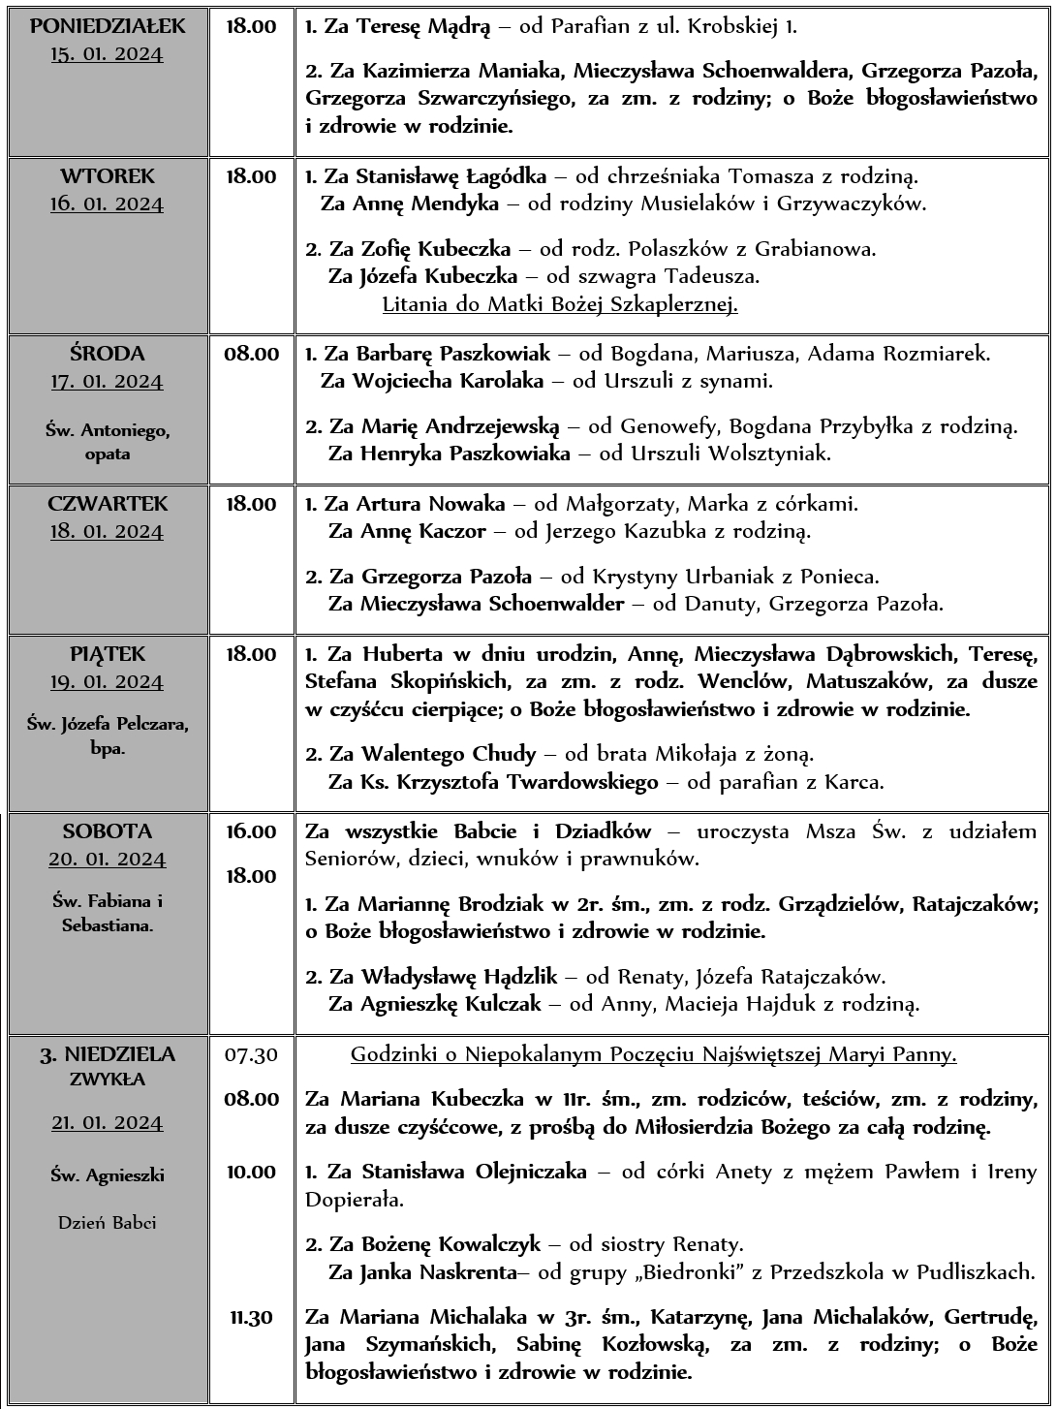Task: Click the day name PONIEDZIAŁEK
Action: pos(107,26)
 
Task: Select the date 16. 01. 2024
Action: pos(107,204)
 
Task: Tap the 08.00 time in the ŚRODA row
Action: pos(251,354)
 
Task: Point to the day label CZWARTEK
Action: pos(107,504)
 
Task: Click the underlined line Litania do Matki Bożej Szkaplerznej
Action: pos(560,304)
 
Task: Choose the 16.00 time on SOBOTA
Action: pos(251,831)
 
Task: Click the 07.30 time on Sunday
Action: pos(251,1054)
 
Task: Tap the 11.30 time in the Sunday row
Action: pos(251,1317)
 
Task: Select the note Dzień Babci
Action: pos(107,1223)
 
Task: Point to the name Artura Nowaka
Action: pos(430,504)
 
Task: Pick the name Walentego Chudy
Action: pos(449,753)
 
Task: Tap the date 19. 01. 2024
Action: pos(107,682)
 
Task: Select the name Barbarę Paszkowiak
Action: pos(452,354)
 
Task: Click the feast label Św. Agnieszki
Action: pos(107,1175)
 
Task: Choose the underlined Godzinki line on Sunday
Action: pos(653,1054)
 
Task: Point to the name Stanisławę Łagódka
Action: pos(451,176)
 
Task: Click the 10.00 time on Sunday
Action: pos(251,1172)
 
